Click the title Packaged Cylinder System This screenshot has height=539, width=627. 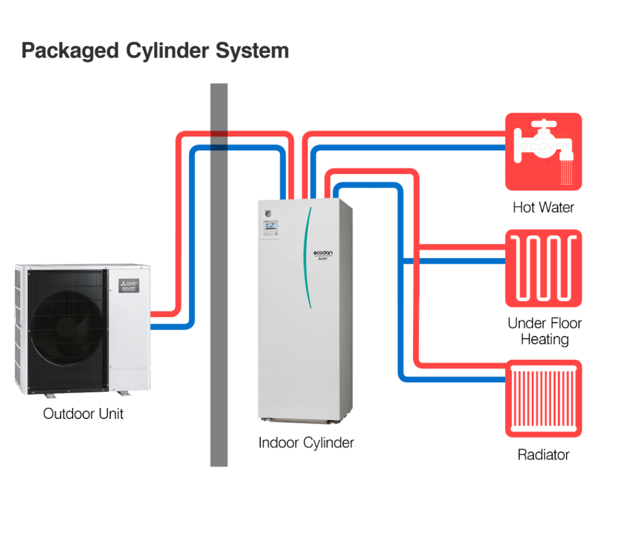(155, 50)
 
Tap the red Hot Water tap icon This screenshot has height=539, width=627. (543, 151)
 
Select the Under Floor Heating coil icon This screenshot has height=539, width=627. (543, 268)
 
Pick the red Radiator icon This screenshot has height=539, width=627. (543, 399)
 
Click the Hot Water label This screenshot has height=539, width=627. (543, 207)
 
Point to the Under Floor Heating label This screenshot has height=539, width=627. (544, 331)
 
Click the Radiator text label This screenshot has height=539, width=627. (543, 454)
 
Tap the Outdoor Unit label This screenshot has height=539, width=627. (83, 414)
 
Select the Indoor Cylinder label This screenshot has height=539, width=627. (306, 443)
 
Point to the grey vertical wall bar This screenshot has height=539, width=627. (219, 290)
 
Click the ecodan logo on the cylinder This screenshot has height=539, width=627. (323, 254)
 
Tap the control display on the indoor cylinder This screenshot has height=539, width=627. (271, 227)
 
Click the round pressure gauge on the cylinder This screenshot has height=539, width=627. (268, 212)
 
